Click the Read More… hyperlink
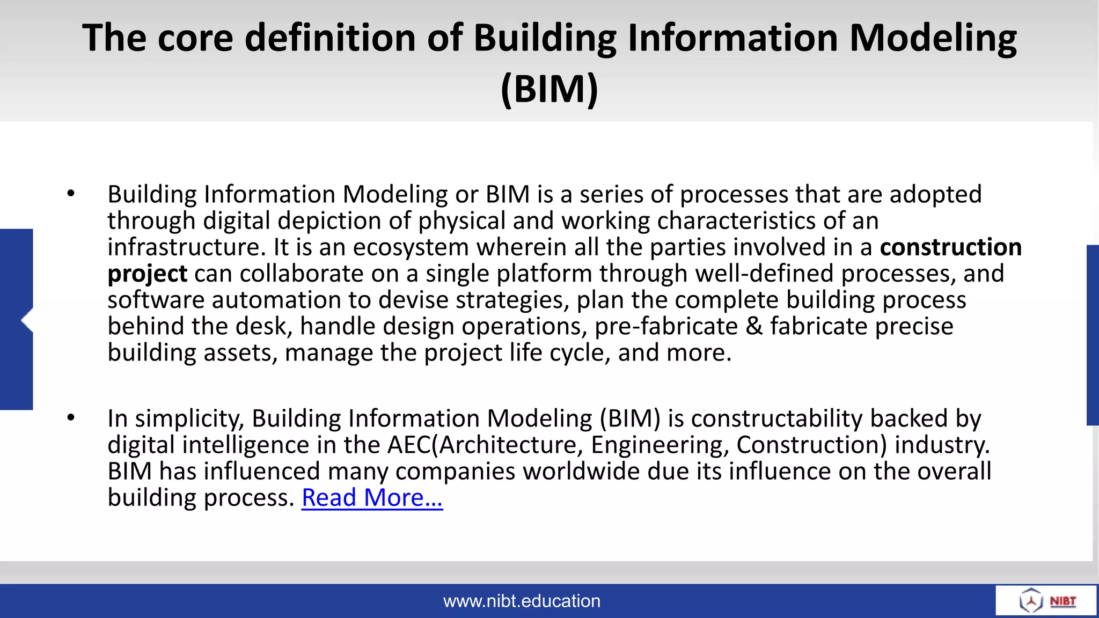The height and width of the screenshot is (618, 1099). coord(372,498)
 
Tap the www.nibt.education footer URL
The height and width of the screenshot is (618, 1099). coord(522,601)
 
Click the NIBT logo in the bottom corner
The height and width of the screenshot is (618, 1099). coord(1046,600)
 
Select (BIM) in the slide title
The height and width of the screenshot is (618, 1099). coord(549,89)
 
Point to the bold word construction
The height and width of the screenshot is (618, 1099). coord(950,247)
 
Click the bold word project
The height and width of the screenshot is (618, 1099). coord(147,274)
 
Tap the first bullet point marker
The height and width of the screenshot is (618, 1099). coord(71,194)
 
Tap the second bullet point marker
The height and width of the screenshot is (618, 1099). coord(71,417)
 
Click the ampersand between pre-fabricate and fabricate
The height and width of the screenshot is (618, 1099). coord(754,326)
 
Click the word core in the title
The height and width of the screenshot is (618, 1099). coord(195,39)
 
